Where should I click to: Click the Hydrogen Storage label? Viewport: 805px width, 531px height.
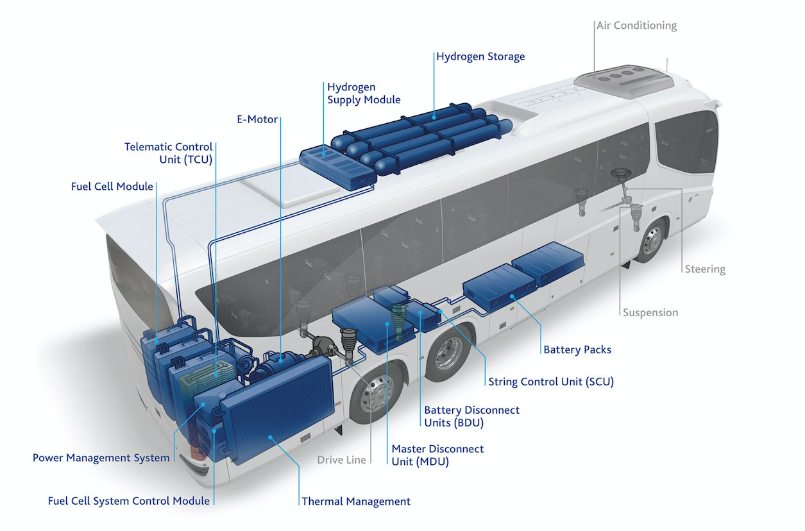tap(480, 57)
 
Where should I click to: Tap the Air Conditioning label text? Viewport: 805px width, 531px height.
tap(637, 26)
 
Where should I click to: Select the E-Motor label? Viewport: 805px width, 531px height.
tap(257, 119)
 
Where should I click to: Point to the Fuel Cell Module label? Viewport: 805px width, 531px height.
tap(112, 187)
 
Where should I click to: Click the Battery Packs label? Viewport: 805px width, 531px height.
tap(577, 350)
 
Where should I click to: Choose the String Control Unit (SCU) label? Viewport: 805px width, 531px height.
tap(551, 382)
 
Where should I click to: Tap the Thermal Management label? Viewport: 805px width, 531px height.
tap(356, 501)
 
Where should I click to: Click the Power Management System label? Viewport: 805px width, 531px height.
tap(101, 458)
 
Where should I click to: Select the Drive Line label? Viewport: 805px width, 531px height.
tap(341, 460)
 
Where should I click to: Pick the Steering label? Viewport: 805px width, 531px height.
tap(705, 269)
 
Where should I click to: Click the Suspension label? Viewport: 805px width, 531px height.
tap(650, 312)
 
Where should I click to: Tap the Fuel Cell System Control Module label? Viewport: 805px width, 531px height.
tap(129, 501)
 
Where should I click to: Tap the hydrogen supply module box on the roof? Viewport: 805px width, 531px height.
tap(337, 168)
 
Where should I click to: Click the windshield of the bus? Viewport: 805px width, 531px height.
tap(686, 142)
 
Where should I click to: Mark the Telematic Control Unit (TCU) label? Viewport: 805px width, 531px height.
tap(168, 153)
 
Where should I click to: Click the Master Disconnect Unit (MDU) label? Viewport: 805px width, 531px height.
tap(437, 455)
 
